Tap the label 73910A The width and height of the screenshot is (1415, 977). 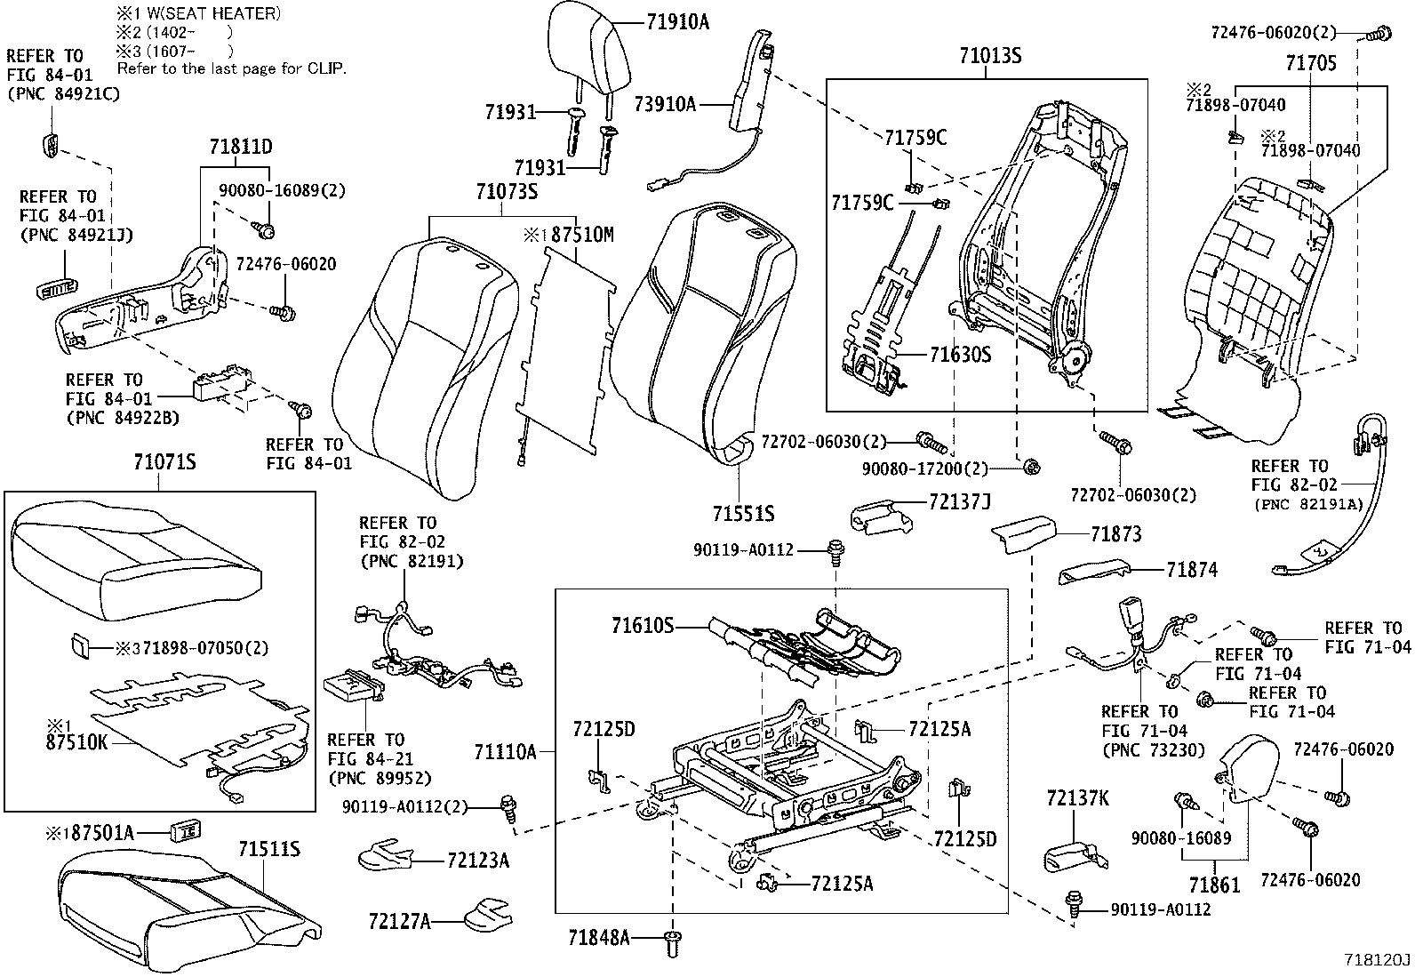(664, 104)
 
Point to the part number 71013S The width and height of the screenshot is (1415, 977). (990, 56)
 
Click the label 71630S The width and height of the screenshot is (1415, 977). (960, 355)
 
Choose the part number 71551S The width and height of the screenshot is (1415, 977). (743, 513)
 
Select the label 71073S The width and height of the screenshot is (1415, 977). (507, 191)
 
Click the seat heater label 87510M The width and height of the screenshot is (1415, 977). (581, 235)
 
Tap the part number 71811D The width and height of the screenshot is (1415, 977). (241, 147)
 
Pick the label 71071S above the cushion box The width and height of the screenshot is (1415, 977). (164, 462)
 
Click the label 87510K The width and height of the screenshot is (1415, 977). (76, 740)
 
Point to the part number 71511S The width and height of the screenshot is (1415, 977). (268, 850)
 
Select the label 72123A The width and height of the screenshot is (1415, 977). (478, 861)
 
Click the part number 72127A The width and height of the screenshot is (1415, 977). (399, 922)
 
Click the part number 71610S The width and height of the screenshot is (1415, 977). (643, 626)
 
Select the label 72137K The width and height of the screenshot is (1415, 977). (1077, 798)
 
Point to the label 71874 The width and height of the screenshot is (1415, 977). (1192, 570)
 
